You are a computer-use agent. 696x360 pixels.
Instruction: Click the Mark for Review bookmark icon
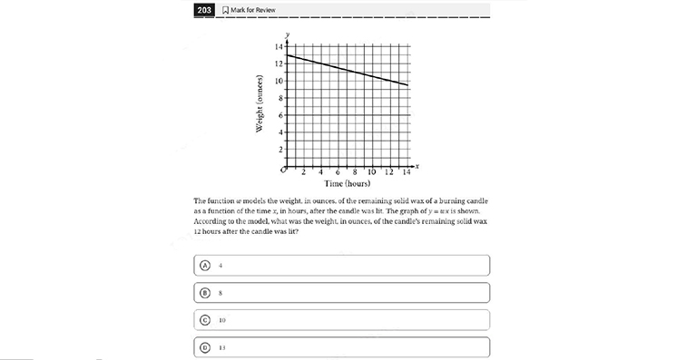(x=227, y=10)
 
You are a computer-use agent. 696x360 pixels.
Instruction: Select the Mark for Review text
(x=254, y=10)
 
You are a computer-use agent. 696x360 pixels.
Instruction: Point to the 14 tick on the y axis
(x=279, y=46)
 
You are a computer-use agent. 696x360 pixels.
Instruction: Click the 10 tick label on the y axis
(x=279, y=81)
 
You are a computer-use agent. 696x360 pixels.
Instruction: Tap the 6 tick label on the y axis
(x=280, y=115)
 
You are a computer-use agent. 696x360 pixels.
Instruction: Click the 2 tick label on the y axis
(x=280, y=150)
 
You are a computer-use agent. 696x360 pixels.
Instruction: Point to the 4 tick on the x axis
(x=321, y=172)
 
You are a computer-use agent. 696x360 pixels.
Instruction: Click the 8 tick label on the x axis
(x=355, y=172)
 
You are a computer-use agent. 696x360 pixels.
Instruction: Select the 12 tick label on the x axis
(x=389, y=172)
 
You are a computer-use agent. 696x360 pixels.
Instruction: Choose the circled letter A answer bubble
(x=205, y=265)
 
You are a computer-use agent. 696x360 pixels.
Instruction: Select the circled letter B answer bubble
(x=205, y=293)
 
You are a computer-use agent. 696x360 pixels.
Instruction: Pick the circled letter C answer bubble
(x=205, y=320)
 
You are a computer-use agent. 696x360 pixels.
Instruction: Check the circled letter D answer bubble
(x=205, y=347)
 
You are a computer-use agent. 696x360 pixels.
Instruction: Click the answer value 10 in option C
(x=222, y=320)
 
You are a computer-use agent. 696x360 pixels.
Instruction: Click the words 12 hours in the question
(x=211, y=230)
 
